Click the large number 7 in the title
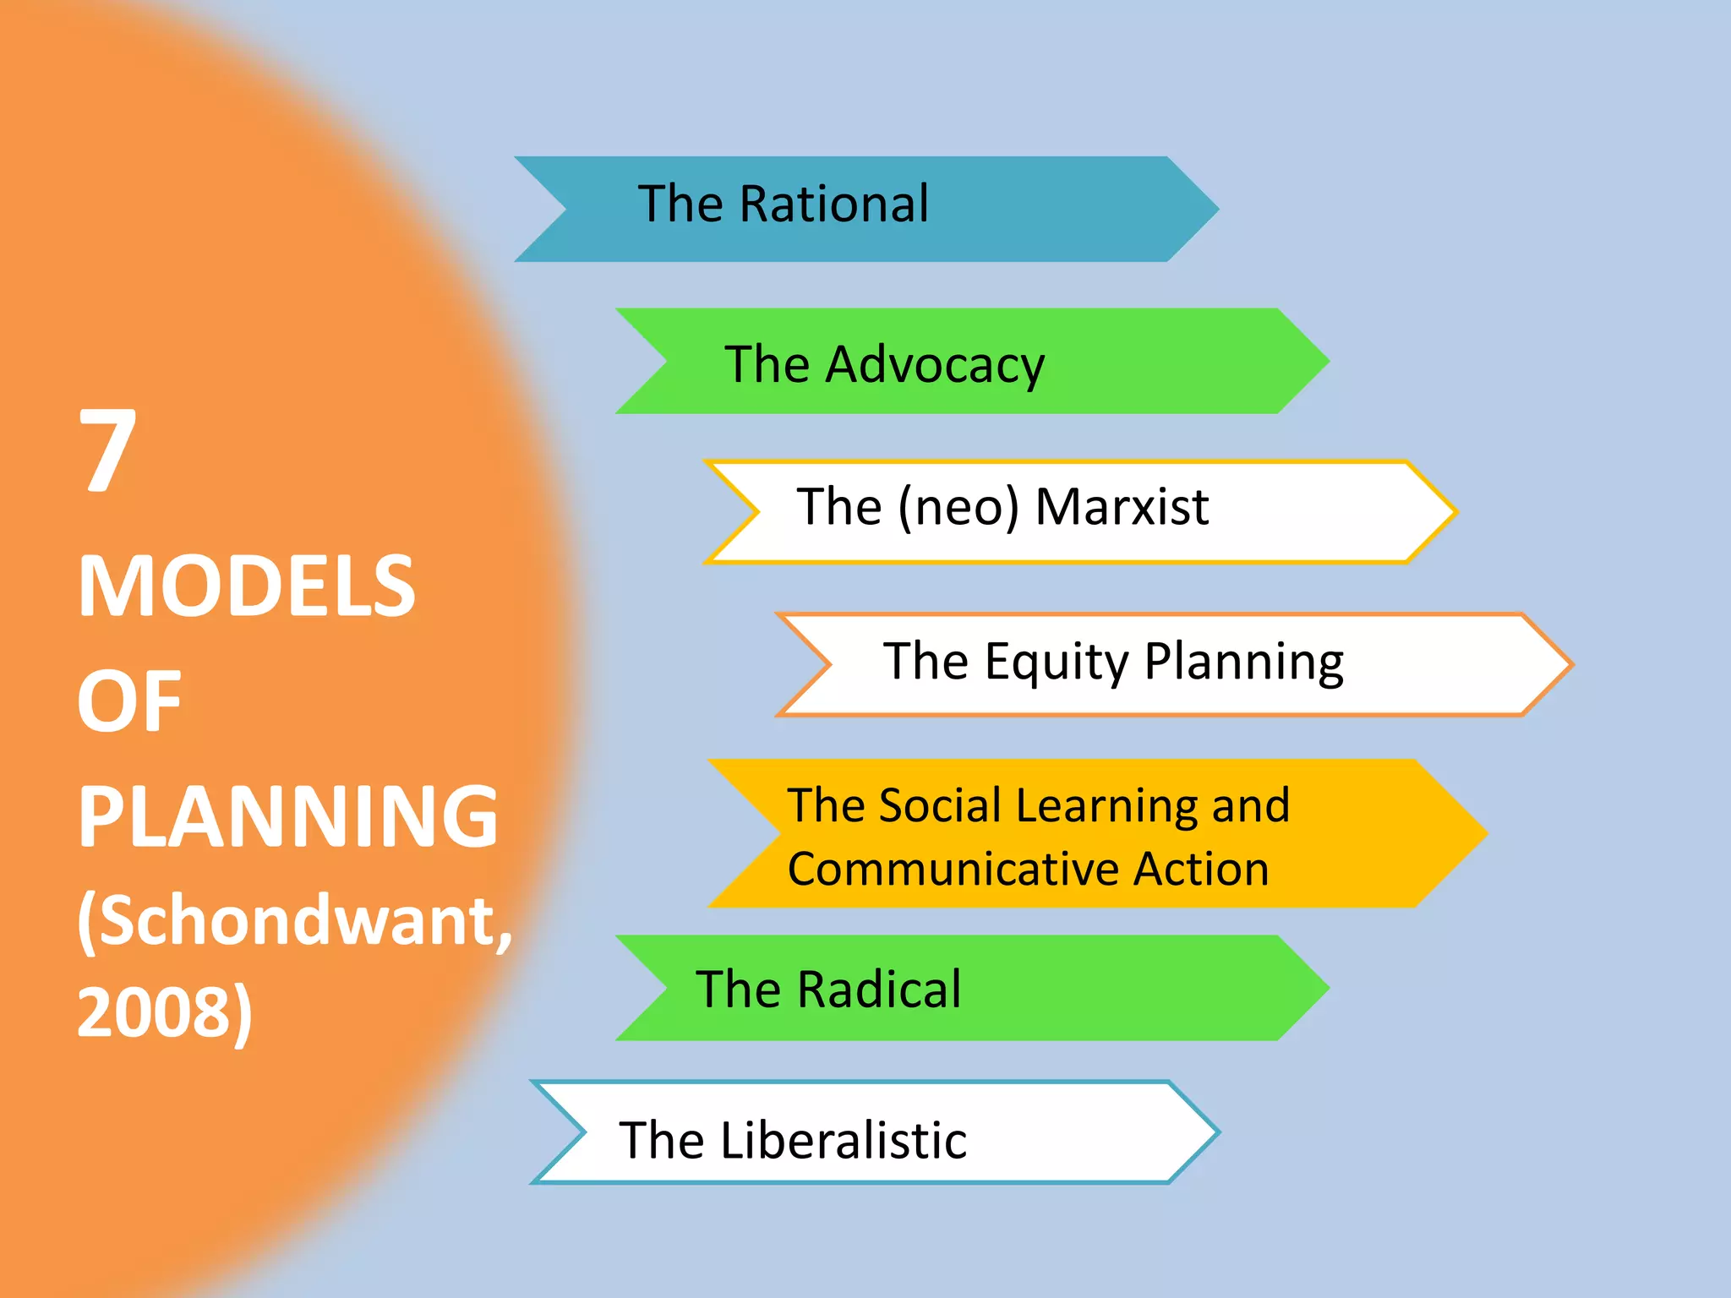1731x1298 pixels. [x=107, y=450]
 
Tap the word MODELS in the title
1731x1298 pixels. [x=246, y=586]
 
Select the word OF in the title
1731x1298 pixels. [x=129, y=701]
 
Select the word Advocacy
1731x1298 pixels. [x=935, y=366]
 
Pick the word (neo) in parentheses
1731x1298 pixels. [x=958, y=508]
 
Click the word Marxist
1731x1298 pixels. [x=1122, y=507]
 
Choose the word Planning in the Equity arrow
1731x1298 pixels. [x=1243, y=662]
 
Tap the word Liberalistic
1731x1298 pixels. [x=844, y=1141]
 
